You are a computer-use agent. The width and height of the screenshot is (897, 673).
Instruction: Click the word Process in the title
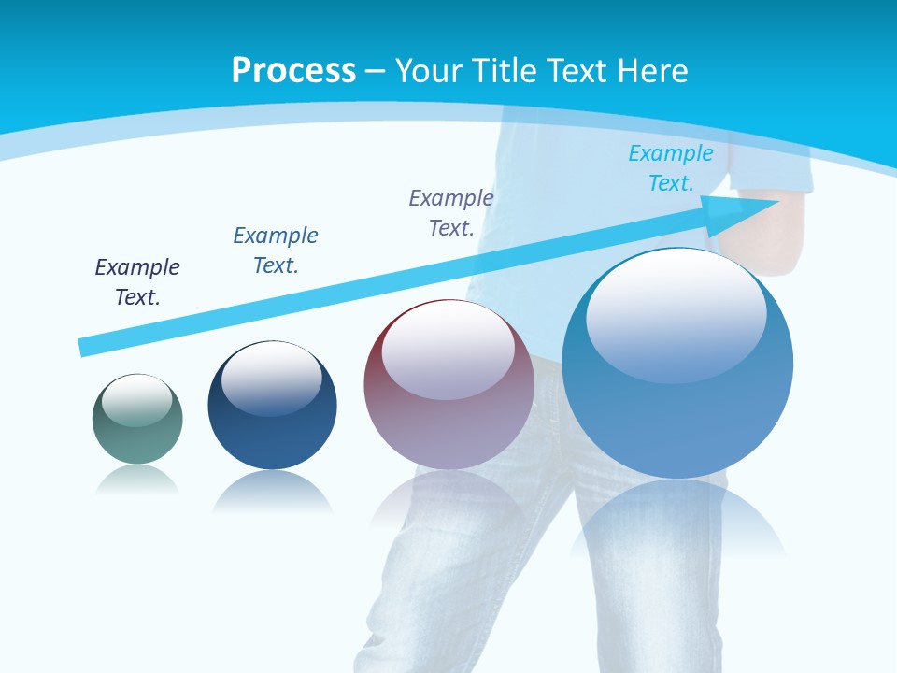pos(293,70)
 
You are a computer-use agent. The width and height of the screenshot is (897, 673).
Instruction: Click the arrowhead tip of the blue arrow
pos(776,202)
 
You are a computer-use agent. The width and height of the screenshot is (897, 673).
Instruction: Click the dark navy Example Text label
pos(137,282)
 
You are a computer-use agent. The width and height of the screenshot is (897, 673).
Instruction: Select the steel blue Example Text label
pos(276,251)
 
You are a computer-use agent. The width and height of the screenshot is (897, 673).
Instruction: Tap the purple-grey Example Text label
pos(451,213)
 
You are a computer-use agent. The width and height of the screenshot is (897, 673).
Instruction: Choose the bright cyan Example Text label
pos(671,168)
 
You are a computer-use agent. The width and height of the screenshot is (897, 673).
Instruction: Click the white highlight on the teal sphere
pos(137,400)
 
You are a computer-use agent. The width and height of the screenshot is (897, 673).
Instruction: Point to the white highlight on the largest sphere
pos(676,313)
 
